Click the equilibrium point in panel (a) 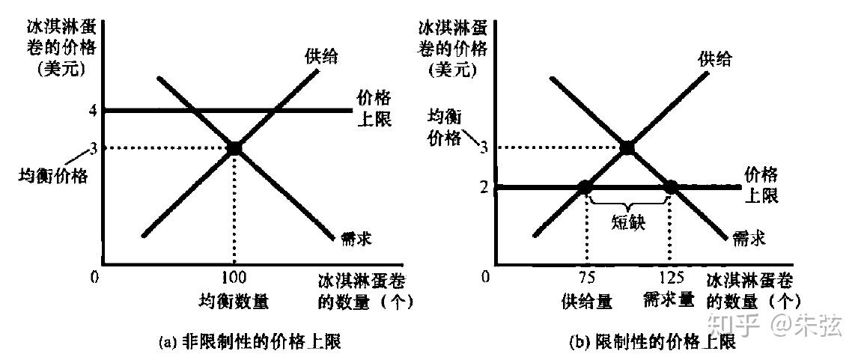pos(234,148)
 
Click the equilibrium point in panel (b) pos(627,148)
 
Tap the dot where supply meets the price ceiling pos(585,186)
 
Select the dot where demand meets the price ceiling pos(671,186)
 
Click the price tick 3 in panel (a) pos(94,147)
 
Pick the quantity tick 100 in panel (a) pos(234,278)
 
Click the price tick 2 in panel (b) pos(485,186)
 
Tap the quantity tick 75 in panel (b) pos(587,278)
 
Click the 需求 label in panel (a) pos(356,240)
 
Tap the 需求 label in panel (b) pos(749,240)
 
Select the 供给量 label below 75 pos(587,301)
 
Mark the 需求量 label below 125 pos(668,301)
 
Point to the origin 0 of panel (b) pos(487,277)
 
